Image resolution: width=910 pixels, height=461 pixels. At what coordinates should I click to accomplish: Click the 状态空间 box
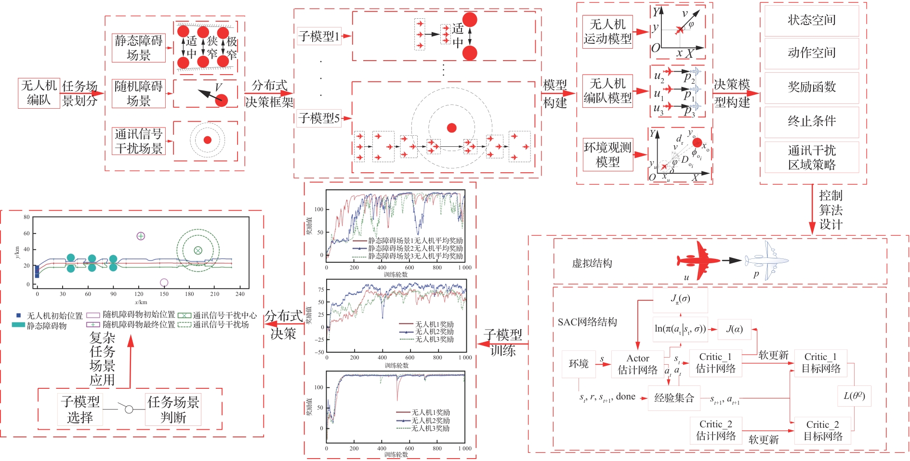[811, 20]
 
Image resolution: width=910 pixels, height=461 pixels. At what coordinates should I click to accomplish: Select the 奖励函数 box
[811, 87]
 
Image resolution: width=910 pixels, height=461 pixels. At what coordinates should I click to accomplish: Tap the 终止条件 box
[811, 121]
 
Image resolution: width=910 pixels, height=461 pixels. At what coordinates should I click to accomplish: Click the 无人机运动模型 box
[607, 32]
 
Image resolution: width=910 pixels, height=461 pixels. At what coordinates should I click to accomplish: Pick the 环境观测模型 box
[607, 154]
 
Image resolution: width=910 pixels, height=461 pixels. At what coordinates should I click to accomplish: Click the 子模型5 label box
[319, 118]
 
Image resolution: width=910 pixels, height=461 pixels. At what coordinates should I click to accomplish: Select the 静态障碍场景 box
[139, 48]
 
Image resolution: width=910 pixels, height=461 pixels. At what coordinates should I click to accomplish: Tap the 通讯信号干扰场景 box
[139, 141]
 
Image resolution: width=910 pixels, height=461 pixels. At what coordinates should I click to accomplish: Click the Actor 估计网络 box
[637, 364]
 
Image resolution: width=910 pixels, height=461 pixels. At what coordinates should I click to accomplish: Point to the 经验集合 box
[674, 398]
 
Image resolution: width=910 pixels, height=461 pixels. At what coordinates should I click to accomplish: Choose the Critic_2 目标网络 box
[822, 430]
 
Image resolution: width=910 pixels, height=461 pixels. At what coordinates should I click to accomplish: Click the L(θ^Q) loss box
[854, 396]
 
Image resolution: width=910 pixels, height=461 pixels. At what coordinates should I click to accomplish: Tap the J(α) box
[734, 329]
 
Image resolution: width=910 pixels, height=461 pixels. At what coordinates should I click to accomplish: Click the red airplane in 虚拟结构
[698, 260]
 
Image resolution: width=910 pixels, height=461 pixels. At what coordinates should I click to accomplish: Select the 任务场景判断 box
[173, 410]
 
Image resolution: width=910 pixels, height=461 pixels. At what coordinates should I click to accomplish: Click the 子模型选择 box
[80, 410]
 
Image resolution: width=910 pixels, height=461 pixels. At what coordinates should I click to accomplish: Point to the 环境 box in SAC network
[579, 364]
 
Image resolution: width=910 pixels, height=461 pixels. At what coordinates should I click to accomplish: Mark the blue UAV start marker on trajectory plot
[37, 271]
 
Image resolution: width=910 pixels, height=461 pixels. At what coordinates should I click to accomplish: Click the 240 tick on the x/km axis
[240, 294]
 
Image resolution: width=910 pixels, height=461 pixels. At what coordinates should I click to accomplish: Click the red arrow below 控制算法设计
[812, 223]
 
